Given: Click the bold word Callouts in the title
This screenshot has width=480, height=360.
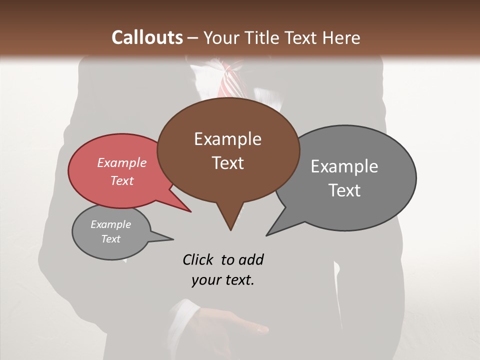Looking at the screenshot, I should point(147,38).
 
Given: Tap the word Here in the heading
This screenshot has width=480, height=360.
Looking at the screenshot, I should point(342,38).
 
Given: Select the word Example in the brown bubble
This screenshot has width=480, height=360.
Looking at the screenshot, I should point(227,139).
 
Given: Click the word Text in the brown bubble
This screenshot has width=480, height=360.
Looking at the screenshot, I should point(227,163).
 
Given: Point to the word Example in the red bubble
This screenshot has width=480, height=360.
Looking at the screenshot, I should point(121,162).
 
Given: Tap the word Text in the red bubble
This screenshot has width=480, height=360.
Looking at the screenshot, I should point(121,180).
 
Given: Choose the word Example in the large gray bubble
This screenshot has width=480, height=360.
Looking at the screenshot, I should point(344,166).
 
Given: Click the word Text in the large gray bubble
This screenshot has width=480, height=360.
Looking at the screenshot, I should point(344,190).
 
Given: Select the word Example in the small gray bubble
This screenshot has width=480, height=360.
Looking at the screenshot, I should point(110,224).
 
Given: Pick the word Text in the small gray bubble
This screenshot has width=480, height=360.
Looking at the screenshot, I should point(110,239).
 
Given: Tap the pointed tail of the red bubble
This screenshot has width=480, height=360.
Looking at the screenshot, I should point(190,211).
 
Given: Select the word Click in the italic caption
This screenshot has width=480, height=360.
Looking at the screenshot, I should point(199,259).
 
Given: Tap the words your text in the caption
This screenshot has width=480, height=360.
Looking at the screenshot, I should point(222,280).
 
